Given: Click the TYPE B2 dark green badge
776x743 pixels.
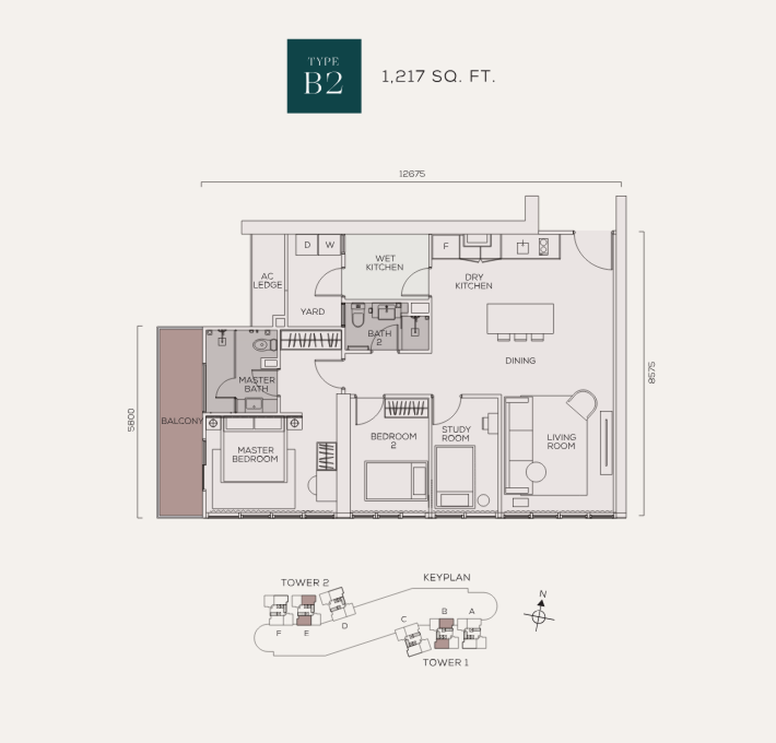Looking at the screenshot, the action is (324, 76).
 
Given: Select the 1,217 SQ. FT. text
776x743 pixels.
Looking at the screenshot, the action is (438, 76).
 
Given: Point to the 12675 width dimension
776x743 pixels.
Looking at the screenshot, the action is (412, 174).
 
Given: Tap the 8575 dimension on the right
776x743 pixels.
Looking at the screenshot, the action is (651, 373).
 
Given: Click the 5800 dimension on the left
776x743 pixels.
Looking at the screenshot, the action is (131, 420).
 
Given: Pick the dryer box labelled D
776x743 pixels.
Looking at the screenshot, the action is (307, 245).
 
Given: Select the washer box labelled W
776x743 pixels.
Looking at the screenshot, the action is (330, 245).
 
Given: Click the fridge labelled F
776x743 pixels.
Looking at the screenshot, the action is (446, 246).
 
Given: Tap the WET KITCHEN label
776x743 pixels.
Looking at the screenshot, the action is (385, 263).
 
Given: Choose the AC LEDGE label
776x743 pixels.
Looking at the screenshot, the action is (268, 281).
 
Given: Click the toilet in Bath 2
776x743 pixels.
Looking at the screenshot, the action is (358, 315).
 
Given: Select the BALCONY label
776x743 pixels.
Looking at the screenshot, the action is (182, 421).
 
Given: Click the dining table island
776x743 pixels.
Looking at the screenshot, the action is (520, 319).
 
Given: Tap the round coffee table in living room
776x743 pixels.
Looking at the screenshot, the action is (536, 472).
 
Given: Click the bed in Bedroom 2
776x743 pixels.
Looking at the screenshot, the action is (396, 481).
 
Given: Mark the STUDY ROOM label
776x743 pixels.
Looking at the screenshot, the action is (456, 434).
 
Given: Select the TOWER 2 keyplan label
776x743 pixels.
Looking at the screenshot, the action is (304, 583).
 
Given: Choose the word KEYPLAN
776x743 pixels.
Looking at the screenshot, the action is (446, 577).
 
